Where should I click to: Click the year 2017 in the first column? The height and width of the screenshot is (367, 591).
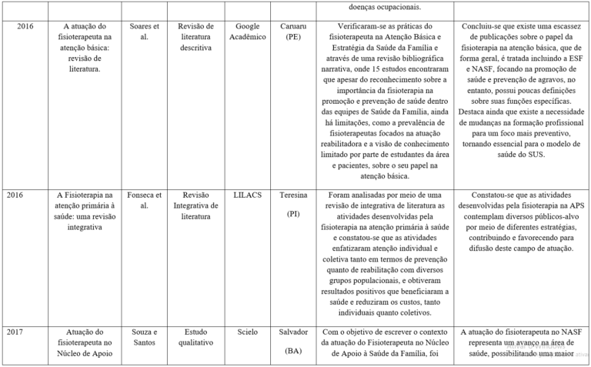coord(15,332)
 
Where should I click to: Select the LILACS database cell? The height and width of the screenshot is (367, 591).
coord(248,195)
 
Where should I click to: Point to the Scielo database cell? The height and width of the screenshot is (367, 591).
coord(248,332)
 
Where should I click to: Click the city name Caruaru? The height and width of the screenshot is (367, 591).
coord(293,25)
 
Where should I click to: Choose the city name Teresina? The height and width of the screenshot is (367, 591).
coord(293,195)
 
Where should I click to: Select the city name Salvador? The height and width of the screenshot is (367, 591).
coord(293,332)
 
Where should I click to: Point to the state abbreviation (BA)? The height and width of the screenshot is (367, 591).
coord(293,350)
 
